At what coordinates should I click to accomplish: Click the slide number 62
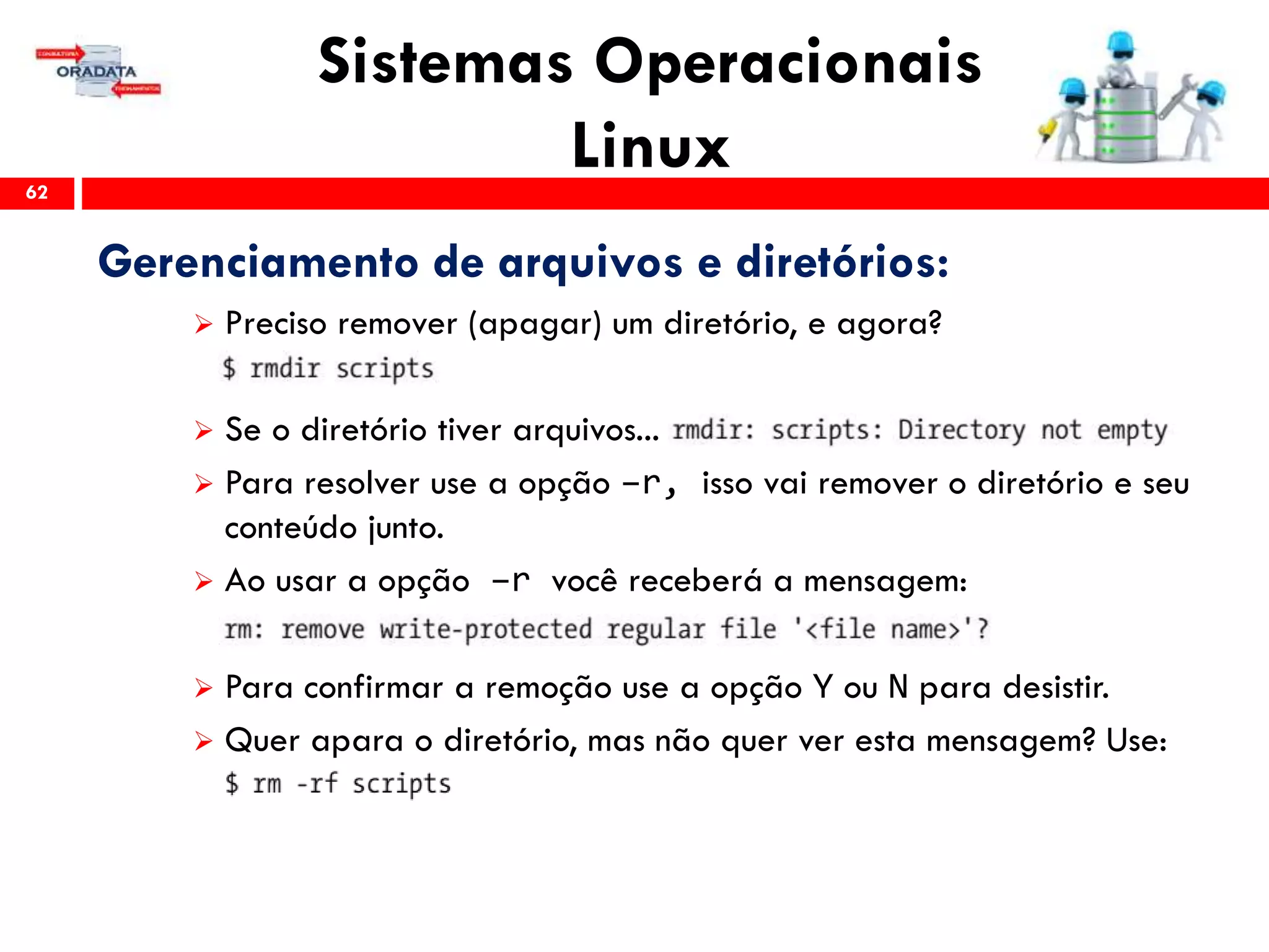tap(37, 193)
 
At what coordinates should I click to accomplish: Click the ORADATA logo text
tap(96, 72)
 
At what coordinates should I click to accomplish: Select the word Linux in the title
tap(651, 146)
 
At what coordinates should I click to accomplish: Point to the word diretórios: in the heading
tap(842, 262)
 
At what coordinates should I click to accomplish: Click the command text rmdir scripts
tap(341, 369)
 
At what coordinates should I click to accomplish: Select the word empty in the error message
tap(1132, 430)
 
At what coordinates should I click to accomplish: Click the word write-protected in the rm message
tap(486, 630)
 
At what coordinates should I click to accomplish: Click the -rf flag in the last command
tap(317, 783)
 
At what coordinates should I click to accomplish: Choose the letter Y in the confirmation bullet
tap(823, 687)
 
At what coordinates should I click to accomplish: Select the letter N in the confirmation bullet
tap(898, 687)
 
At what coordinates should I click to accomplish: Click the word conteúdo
tap(291, 529)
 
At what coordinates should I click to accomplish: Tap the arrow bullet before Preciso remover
tap(203, 324)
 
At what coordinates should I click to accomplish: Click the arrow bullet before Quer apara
tap(203, 741)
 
